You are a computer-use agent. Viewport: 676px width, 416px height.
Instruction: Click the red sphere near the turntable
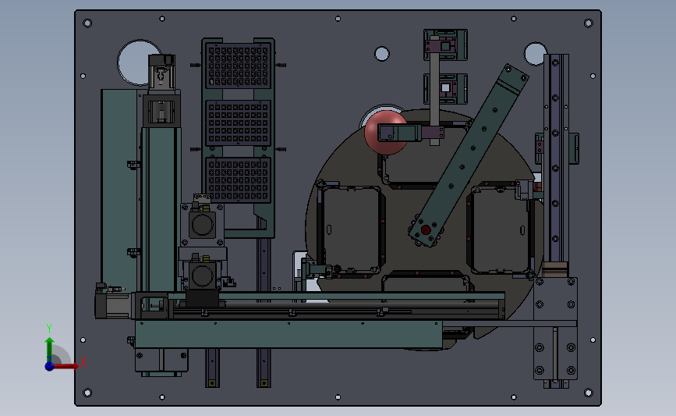tap(385, 133)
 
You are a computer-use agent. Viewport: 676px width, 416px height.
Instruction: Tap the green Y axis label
tap(49, 329)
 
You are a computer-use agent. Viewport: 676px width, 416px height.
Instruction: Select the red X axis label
tap(83, 362)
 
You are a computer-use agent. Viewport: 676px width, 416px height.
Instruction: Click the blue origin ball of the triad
tap(50, 366)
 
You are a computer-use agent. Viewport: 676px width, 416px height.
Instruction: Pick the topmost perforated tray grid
tap(238, 66)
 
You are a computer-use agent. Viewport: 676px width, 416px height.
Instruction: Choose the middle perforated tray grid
tap(238, 123)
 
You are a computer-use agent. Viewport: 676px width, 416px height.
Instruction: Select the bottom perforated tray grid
tap(238, 180)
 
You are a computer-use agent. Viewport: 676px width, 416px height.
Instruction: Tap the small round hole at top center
tap(382, 54)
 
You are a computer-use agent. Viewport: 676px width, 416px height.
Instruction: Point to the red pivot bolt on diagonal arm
tap(426, 229)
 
